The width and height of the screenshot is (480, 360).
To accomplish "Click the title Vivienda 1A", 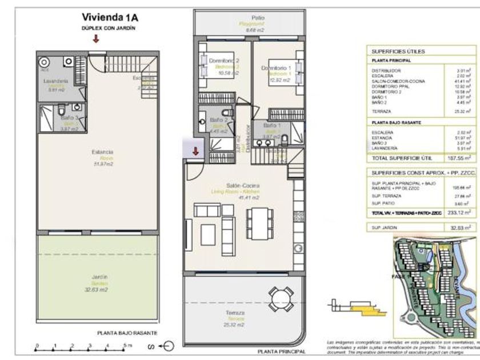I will click(110, 17).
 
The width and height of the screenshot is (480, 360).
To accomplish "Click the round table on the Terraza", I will click(279, 298).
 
